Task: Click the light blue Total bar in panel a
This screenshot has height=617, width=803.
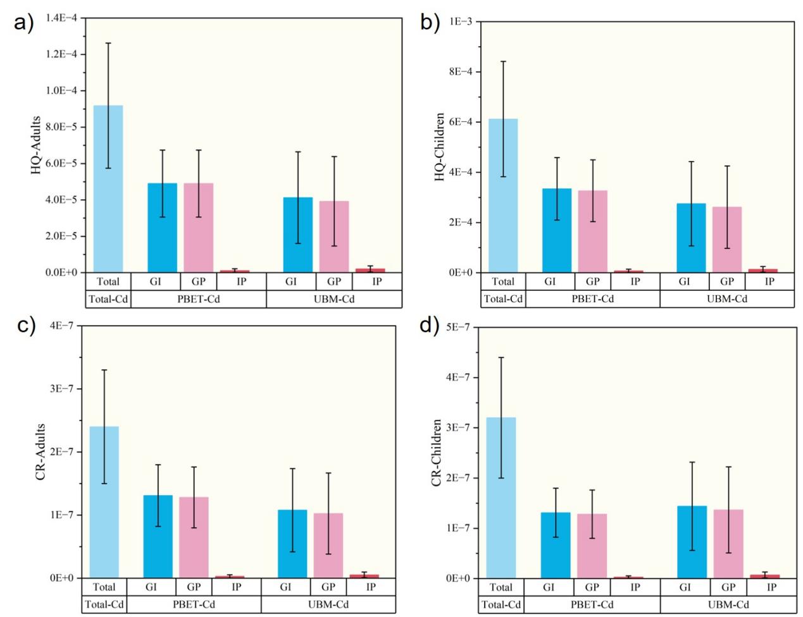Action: [x=108, y=189]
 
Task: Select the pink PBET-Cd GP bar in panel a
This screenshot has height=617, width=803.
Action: [x=199, y=228]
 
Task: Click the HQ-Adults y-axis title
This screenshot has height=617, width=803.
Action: [x=36, y=145]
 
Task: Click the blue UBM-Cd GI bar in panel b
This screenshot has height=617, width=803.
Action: [x=691, y=238]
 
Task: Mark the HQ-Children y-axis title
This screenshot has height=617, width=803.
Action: [x=440, y=147]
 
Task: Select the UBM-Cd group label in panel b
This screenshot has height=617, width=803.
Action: [x=727, y=299]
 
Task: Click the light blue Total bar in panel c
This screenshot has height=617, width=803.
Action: [x=104, y=502]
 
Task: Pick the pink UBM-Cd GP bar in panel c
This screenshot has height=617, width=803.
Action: [x=328, y=545]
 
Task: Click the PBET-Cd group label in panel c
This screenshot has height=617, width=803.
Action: [x=194, y=605]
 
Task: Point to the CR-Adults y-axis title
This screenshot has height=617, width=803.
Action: [x=41, y=451]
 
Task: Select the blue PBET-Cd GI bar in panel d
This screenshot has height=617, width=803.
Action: [x=556, y=545]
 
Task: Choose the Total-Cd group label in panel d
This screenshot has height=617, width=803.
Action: [x=502, y=605]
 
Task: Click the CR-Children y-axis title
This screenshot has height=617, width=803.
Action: [x=437, y=453]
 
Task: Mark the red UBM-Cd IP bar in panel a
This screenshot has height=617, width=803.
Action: [x=370, y=270]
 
